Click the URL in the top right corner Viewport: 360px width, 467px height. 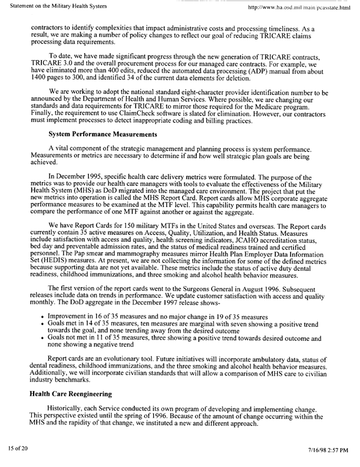299,6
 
